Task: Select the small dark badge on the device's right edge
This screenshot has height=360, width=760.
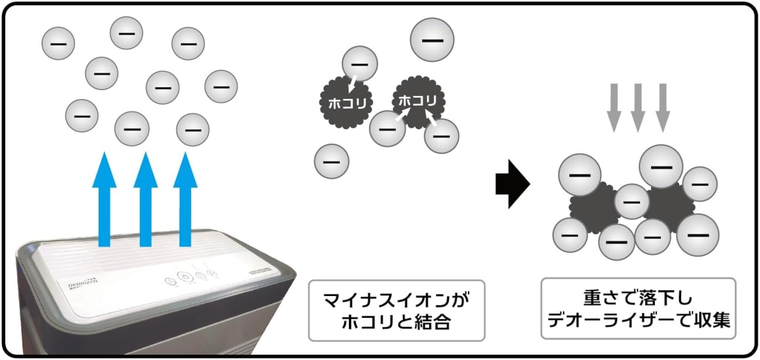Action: click(262, 273)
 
